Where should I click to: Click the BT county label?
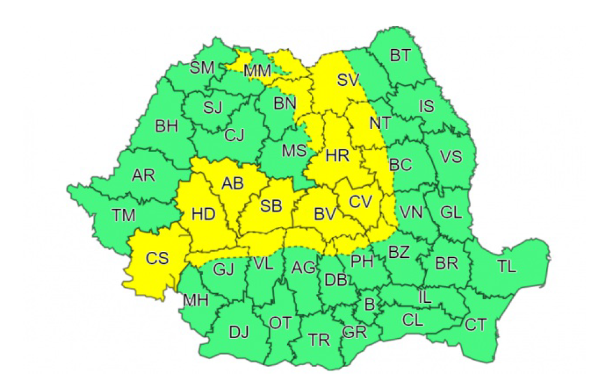point(400,56)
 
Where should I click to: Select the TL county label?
point(507,267)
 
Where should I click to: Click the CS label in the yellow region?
point(158,258)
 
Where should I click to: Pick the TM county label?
point(124,215)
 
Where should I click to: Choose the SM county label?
point(202,68)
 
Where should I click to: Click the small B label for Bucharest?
point(370,304)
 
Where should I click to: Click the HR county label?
point(338,156)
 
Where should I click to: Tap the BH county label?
point(166,127)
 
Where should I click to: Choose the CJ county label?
point(234,136)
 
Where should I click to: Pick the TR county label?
point(319,340)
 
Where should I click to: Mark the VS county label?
point(451,157)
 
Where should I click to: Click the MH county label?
point(196,300)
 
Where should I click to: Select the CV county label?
point(361,201)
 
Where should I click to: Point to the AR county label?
point(143,175)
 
